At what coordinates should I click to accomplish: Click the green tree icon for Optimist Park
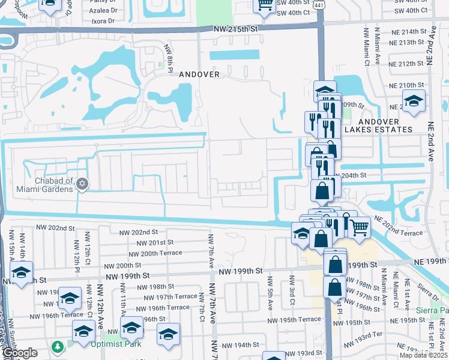(58, 347)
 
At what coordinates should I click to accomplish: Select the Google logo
(20, 353)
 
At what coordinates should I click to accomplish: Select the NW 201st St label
(155, 242)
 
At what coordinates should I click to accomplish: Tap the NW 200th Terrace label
(162, 254)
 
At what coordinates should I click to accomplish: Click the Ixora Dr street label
(101, 20)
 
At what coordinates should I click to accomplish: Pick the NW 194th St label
(238, 345)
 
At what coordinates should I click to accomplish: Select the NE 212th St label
(406, 64)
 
